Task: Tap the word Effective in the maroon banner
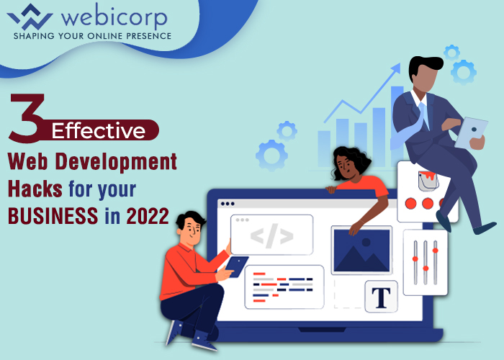coord(99,130)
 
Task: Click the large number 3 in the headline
coord(27,118)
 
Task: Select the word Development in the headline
coord(116,161)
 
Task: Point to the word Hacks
coord(35,189)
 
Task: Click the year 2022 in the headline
coord(148,216)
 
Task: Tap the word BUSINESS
coord(53,216)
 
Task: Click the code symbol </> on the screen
coord(272,236)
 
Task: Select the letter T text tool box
coord(381,297)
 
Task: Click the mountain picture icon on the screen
coord(361,251)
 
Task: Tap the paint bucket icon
coord(428,181)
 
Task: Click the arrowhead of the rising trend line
coord(396,68)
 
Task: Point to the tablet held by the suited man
coord(471,132)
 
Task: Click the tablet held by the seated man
coord(237,266)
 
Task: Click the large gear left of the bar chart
coord(271,156)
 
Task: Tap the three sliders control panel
coord(426,262)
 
